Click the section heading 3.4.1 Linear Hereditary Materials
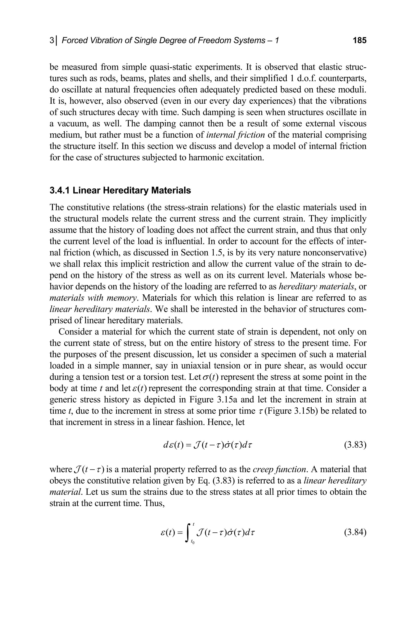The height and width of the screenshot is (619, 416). click(x=120, y=190)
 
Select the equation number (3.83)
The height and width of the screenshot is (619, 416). click(x=355, y=445)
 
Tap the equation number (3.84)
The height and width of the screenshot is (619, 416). click(x=355, y=532)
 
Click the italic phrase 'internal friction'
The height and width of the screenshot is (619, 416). click(x=235, y=135)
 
